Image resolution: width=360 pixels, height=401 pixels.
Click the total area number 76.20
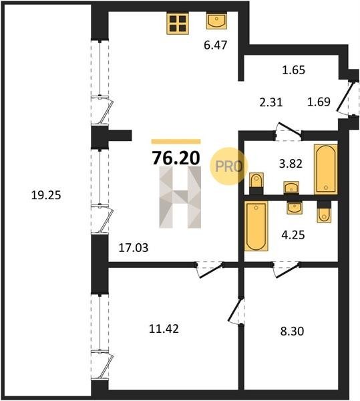coord(176,158)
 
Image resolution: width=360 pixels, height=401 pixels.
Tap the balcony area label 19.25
coord(46,195)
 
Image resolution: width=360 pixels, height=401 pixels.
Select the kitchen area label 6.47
coord(215,45)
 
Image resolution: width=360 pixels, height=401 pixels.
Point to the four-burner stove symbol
coord(178,23)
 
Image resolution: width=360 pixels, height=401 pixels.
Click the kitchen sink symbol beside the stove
coord(216,21)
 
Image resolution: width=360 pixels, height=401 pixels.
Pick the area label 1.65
coord(293,70)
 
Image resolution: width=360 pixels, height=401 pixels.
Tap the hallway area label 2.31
coord(271,102)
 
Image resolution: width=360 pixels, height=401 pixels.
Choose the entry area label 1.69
coord(319,102)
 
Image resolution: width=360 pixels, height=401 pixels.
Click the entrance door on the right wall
coord(345,97)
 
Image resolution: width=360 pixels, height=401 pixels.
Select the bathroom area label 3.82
coord(291,164)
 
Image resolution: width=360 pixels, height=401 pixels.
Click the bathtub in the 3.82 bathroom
coord(326,169)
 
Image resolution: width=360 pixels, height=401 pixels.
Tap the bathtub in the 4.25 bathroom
coord(256,226)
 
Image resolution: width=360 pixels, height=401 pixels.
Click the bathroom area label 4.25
coord(293,235)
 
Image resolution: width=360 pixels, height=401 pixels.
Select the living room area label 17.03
coord(134,248)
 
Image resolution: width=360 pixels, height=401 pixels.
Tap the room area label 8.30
coord(292,331)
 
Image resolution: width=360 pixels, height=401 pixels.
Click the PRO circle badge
coord(229,166)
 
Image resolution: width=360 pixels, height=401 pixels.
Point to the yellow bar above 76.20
coord(176,142)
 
